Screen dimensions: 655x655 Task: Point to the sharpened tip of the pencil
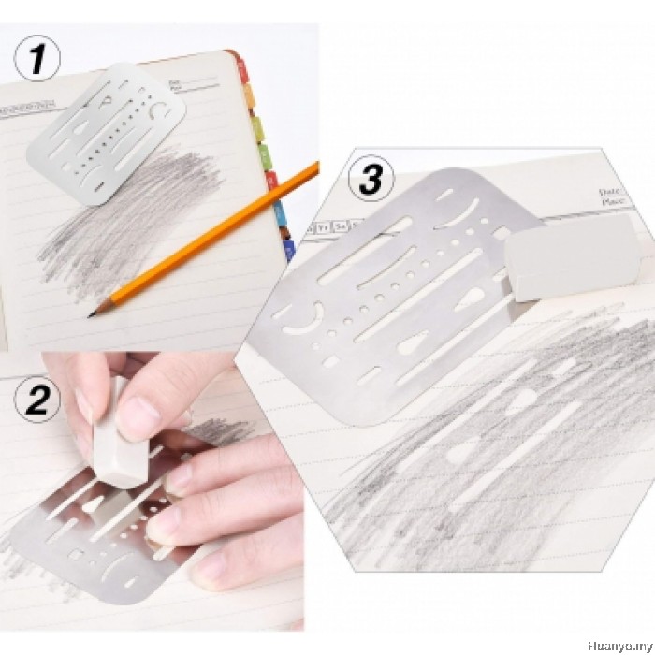[92, 315]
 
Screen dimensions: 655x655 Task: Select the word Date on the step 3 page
[609, 191]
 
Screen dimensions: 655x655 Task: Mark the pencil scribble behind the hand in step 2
[220, 430]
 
